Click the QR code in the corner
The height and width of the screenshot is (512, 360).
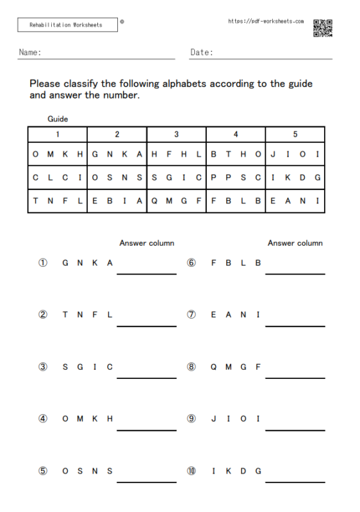point(322,28)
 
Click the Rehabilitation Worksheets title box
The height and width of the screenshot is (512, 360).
point(67,25)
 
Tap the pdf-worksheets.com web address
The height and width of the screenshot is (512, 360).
point(266,21)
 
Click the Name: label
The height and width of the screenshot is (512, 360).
point(30,52)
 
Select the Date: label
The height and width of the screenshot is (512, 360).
point(202,52)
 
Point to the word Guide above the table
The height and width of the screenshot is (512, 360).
point(58,119)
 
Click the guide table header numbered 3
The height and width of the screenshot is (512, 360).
point(176,134)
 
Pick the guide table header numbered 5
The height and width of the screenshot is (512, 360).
point(295,134)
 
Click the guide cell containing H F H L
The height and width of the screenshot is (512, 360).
point(176,154)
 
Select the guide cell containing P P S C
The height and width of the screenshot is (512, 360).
point(236,177)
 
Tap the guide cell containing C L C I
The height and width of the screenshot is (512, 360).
point(57,177)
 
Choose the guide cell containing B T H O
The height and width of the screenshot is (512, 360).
point(236,154)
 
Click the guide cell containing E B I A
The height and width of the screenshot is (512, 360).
point(117,200)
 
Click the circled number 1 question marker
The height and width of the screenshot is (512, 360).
point(43,262)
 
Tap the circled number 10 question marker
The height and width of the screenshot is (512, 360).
point(192,471)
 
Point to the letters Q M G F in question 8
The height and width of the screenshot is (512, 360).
point(236,367)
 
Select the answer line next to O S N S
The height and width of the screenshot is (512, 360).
point(146,481)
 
